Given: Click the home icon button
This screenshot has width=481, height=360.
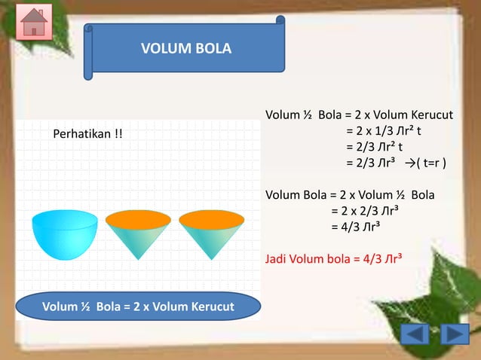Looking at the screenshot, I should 34,23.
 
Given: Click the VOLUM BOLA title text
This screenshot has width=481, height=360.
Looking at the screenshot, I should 186,49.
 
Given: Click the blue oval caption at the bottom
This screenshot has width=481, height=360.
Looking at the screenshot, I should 138,307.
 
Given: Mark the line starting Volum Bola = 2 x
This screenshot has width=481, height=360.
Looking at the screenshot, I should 350,195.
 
